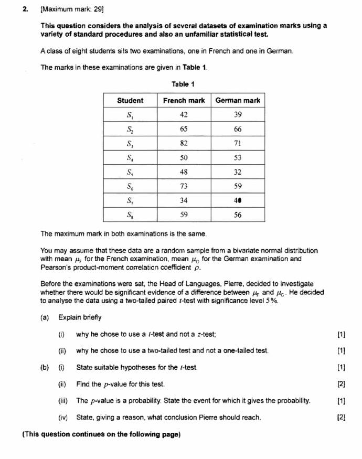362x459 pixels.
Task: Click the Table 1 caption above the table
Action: (183, 84)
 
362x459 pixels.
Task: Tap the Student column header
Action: (130, 100)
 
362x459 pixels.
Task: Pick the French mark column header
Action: (184, 100)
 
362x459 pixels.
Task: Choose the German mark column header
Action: (238, 100)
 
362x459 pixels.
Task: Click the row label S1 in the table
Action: (130, 115)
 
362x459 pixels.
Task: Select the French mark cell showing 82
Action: (184, 143)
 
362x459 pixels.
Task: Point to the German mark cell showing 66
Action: (238, 129)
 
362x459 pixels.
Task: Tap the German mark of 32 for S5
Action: (238, 172)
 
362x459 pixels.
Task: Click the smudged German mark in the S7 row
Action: (238, 200)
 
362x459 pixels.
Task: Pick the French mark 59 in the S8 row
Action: (184, 215)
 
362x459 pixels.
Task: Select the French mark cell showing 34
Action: (184, 200)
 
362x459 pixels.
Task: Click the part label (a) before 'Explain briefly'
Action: (46, 317)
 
